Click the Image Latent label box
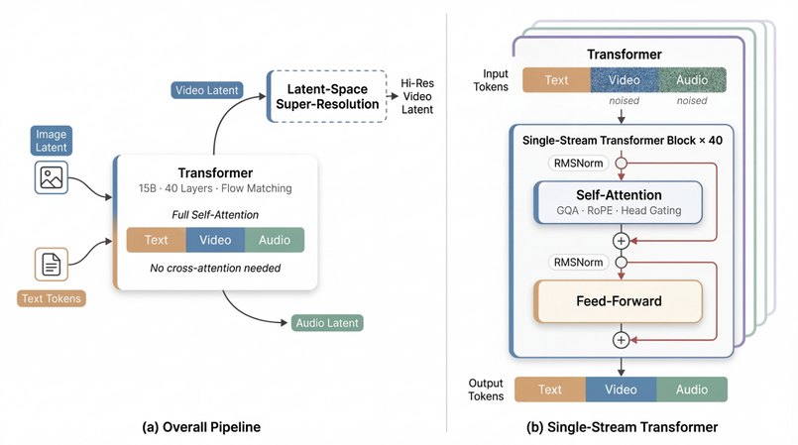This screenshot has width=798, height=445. [51, 141]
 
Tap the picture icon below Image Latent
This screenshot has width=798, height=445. [51, 178]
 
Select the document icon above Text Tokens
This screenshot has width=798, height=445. [51, 265]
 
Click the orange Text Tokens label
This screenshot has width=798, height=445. [51, 298]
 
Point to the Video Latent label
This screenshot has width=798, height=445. [206, 90]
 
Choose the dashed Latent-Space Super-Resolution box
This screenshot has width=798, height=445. [327, 96]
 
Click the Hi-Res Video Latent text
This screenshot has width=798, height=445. [417, 96]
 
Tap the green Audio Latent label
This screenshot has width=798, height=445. [327, 323]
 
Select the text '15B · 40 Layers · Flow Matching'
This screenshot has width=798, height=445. [215, 188]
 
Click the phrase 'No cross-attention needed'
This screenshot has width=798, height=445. [215, 268]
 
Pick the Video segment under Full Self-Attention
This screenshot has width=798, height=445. [215, 240]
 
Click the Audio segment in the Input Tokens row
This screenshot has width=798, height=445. [692, 79]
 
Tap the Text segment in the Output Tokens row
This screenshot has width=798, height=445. [550, 389]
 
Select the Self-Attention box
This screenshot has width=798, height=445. [619, 202]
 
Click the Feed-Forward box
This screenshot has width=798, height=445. [619, 301]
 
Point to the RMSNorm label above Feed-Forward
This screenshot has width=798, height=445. [577, 263]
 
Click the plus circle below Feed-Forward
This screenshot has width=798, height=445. [621, 340]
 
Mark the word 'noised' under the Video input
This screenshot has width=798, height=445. [624, 100]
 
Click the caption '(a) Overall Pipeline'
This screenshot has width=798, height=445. [201, 427]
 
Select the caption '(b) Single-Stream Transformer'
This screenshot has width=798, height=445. [622, 427]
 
